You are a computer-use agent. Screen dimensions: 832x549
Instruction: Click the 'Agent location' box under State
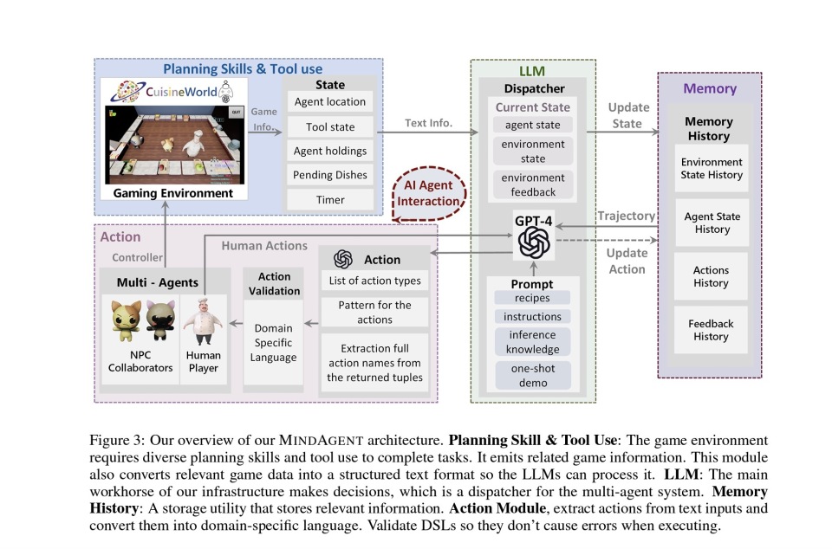click(330, 101)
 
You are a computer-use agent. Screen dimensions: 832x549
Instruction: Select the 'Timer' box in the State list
click(330, 200)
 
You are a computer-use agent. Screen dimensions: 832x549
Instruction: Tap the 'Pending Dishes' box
click(330, 175)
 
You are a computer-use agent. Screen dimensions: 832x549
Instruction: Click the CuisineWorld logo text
click(181, 92)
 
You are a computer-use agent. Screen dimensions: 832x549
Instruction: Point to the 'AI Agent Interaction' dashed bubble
click(429, 193)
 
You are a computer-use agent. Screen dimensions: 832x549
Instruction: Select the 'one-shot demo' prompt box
click(533, 375)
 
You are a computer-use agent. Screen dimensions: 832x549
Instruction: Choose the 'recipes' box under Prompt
click(532, 298)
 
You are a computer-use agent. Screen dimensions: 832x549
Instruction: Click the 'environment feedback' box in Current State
click(533, 184)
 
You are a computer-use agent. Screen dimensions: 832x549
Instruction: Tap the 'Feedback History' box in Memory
click(711, 330)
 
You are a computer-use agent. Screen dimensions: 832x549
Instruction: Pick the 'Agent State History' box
click(712, 223)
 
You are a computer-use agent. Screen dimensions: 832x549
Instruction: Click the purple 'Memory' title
click(710, 88)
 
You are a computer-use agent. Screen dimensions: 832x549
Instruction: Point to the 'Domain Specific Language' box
click(273, 342)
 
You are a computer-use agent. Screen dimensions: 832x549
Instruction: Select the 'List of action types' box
click(374, 281)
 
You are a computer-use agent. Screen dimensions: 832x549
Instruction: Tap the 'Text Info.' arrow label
click(429, 123)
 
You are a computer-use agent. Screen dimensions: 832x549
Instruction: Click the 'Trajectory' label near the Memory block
click(627, 216)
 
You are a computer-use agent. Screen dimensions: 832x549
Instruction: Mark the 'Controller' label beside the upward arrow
click(138, 257)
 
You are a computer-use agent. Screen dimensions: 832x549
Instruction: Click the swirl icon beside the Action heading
click(343, 259)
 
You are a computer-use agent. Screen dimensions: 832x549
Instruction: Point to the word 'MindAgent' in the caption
click(321, 441)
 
